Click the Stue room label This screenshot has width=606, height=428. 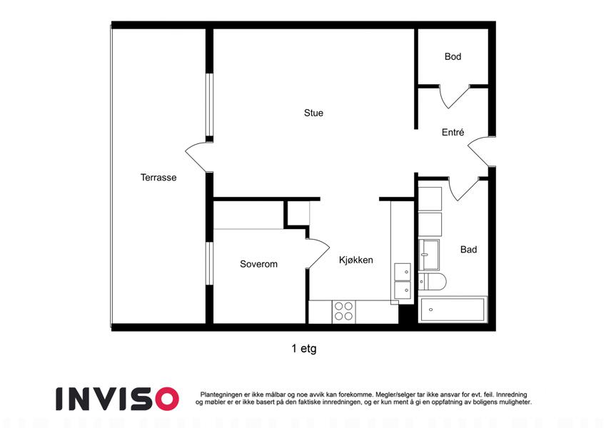click(x=313, y=113)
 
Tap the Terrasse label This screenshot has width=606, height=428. click(x=158, y=178)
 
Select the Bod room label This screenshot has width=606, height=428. click(x=453, y=56)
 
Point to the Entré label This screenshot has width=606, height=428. click(x=453, y=132)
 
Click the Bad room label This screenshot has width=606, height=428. click(x=468, y=250)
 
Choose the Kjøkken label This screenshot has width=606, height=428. click(x=356, y=260)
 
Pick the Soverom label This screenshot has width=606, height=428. click(x=258, y=264)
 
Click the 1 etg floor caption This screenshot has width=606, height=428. click(x=304, y=348)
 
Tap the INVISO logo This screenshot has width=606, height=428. click(x=118, y=399)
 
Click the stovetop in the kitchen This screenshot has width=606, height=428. click(x=343, y=311)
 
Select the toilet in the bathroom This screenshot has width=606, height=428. click(x=432, y=282)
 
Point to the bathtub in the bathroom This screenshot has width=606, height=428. click(x=453, y=310)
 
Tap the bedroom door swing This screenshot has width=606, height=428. click(x=319, y=253)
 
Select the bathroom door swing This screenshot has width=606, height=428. click(x=463, y=189)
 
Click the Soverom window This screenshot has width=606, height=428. click(x=209, y=263)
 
